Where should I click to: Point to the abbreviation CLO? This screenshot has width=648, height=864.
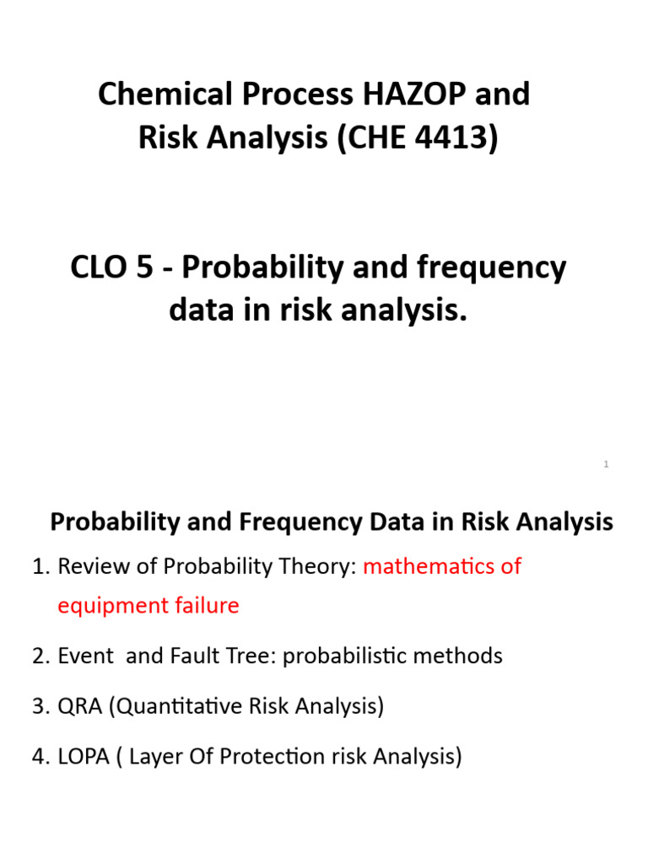tap(98, 268)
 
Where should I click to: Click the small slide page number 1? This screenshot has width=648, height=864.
tap(606, 465)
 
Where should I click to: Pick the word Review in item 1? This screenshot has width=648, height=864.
tap(89, 566)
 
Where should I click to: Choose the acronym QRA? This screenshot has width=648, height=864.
tap(79, 706)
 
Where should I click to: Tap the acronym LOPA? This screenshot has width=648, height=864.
tap(83, 757)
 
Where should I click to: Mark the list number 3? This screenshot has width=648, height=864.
tap(39, 706)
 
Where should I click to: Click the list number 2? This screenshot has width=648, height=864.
tap(39, 656)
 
